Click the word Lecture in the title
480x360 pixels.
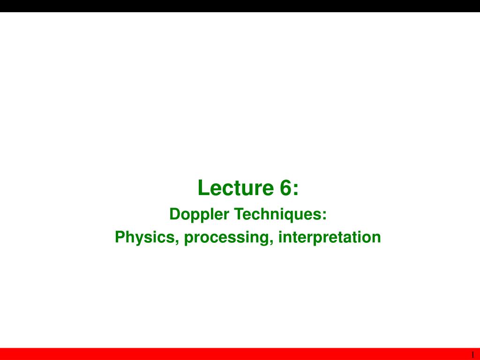click(235, 187)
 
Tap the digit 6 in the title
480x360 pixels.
click(285, 187)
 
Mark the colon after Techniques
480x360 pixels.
click(324, 216)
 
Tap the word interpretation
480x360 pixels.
click(330, 238)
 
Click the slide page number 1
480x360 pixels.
click(472, 354)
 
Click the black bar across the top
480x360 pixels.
click(240, 6)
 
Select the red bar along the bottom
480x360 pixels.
click(240, 354)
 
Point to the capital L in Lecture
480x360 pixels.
click(203, 187)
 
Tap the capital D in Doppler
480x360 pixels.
click(175, 214)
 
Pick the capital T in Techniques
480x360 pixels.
click(239, 214)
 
